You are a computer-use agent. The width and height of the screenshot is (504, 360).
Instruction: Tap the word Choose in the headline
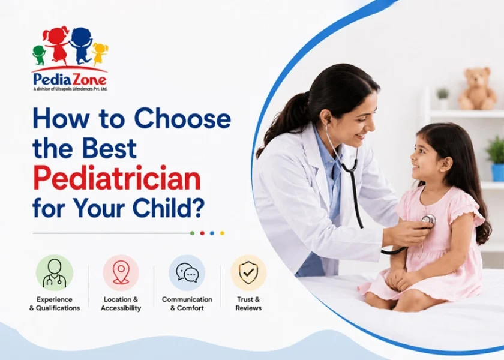[x=182, y=119]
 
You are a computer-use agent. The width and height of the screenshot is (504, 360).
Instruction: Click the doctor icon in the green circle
[x=55, y=273]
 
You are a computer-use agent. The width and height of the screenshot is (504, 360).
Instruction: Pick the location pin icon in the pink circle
[x=121, y=272]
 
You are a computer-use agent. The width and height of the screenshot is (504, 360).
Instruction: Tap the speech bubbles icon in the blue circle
[x=187, y=273]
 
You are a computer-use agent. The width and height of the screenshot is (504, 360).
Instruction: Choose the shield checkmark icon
[x=248, y=272]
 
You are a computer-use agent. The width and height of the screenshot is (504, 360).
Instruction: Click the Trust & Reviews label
[x=248, y=304]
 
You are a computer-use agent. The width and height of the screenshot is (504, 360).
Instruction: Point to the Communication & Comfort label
[x=187, y=304]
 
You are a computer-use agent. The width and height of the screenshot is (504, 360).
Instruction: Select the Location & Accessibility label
[x=121, y=304]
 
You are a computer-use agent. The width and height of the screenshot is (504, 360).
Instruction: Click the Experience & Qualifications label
[x=55, y=304]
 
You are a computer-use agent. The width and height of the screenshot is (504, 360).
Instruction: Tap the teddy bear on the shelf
[x=478, y=89]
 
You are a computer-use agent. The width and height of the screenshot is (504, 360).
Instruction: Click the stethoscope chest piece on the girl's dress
[x=428, y=220]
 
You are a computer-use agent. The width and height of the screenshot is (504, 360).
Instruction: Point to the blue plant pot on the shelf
[x=497, y=172]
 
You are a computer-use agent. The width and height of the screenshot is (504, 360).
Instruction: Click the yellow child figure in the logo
[x=100, y=53]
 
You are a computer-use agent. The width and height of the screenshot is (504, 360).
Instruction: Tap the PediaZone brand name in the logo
[x=70, y=80]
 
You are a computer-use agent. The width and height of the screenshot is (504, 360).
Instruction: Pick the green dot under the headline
[x=192, y=233]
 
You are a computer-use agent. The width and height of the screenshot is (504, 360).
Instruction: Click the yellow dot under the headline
[x=222, y=233]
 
